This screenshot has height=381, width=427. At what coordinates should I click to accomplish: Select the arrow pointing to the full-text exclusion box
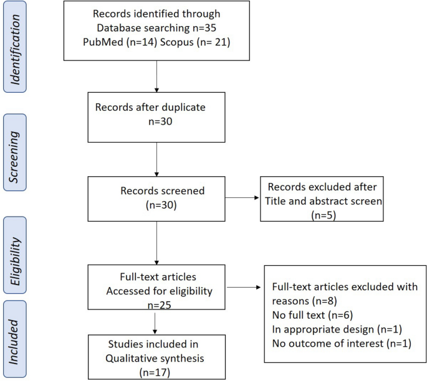246,288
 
